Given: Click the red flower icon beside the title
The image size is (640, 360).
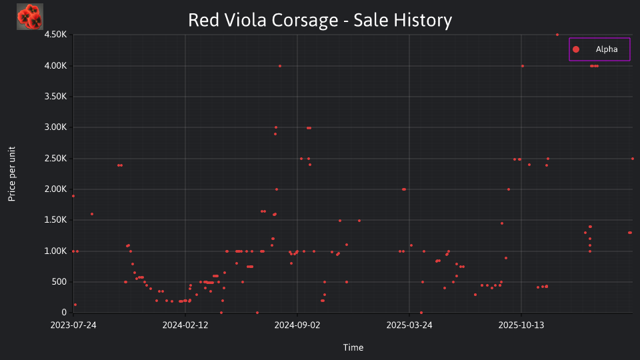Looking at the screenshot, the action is [30, 17].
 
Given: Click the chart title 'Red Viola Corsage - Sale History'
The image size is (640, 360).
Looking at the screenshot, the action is [320, 20].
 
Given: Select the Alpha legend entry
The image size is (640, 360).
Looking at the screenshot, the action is [599, 49].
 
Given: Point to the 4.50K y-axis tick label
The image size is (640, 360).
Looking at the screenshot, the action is [55, 34].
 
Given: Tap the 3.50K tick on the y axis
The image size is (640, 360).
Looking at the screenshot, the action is [55, 96].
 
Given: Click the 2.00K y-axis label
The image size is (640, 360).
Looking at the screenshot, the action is [55, 189].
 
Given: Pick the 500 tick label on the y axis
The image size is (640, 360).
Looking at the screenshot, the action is [59, 281].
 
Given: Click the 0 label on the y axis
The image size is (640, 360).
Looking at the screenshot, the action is [64, 312].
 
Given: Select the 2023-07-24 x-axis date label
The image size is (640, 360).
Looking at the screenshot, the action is [73, 325].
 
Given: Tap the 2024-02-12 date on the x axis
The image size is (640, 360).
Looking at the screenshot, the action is [185, 325].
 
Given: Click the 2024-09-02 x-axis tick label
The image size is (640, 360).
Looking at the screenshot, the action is [297, 325].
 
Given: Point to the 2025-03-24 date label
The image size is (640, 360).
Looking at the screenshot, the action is [409, 325].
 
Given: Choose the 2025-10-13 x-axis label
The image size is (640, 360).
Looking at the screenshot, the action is [521, 325].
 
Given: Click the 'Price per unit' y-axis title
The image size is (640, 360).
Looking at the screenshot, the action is [12, 174].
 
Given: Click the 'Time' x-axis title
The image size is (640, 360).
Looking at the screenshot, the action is [353, 347].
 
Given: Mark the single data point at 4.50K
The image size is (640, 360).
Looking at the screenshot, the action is [557, 35].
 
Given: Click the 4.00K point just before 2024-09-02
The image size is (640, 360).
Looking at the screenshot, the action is [279, 66].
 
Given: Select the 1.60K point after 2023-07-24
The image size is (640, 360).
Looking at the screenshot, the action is [92, 214].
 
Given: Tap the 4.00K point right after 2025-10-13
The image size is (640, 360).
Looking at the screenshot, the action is [523, 66].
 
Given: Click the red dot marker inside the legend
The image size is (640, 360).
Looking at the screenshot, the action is [576, 49].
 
